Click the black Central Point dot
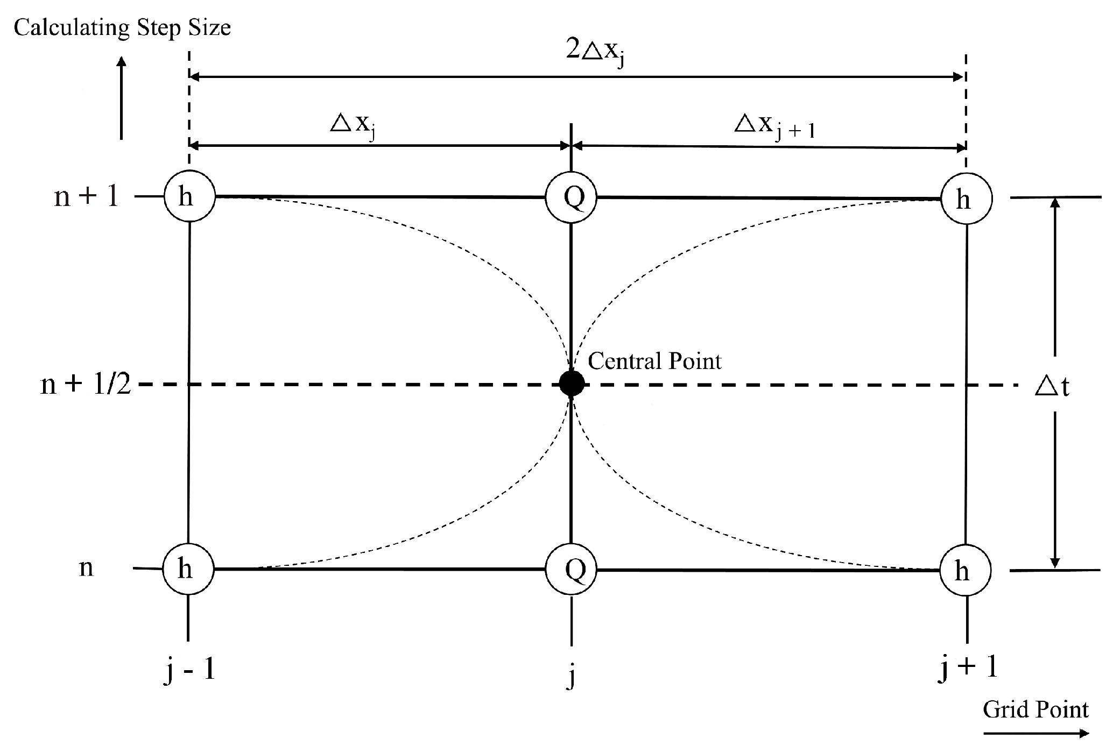[571, 383]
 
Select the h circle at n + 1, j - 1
[189, 197]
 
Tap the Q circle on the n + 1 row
[572, 197]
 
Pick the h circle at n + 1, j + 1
[966, 200]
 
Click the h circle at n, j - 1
[188, 569]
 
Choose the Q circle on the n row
[572, 570]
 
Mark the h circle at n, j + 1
[965, 571]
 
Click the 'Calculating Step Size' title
[122, 27]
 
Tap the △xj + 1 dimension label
[774, 127]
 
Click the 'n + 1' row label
[86, 197]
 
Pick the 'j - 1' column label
[189, 672]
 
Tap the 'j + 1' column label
[967, 668]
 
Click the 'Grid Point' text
[1035, 709]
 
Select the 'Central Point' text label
[654, 361]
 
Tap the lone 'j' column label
[571, 676]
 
